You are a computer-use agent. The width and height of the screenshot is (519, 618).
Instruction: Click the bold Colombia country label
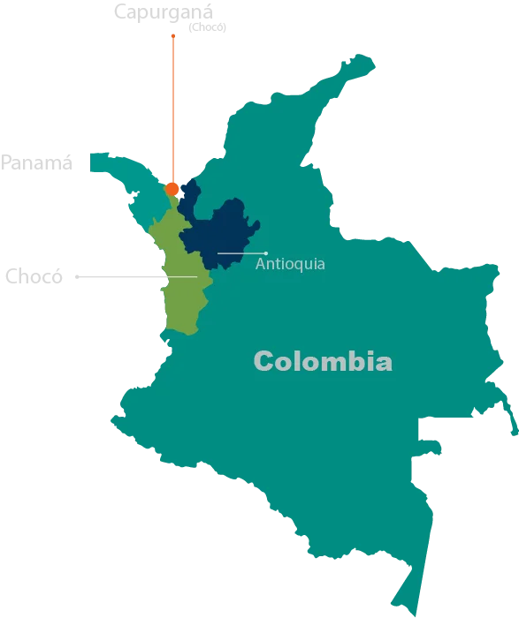(323, 361)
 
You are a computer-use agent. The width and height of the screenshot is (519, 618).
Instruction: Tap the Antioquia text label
(290, 264)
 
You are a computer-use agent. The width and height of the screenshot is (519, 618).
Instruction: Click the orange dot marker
(172, 188)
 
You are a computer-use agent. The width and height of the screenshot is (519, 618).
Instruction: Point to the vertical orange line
(173, 106)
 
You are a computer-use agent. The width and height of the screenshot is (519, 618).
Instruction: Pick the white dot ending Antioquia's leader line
(265, 253)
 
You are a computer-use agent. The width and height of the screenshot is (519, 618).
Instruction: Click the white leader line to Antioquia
(240, 253)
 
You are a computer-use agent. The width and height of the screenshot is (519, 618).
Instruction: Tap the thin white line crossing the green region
(181, 277)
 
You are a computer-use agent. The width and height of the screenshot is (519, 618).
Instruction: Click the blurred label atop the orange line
(170, 16)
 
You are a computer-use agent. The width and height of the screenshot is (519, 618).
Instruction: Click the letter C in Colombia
(263, 361)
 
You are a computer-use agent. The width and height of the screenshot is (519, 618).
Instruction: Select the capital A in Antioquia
(260, 264)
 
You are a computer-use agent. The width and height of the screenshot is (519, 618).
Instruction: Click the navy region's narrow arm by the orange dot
(187, 189)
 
